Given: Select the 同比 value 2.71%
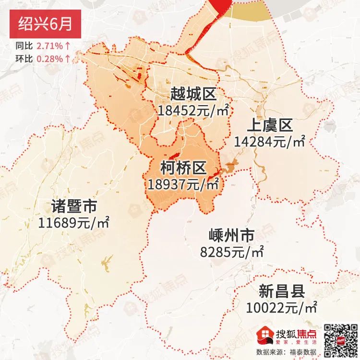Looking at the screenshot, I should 49,47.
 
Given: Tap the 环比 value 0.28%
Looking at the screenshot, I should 49,59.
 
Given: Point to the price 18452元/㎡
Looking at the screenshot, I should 192,110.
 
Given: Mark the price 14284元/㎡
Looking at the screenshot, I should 270,142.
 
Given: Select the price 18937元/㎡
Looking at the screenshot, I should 183,184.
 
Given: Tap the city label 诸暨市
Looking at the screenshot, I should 74,206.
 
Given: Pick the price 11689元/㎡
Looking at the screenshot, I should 74,223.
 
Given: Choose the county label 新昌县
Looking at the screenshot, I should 282,291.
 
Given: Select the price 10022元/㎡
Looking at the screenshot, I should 282,307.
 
